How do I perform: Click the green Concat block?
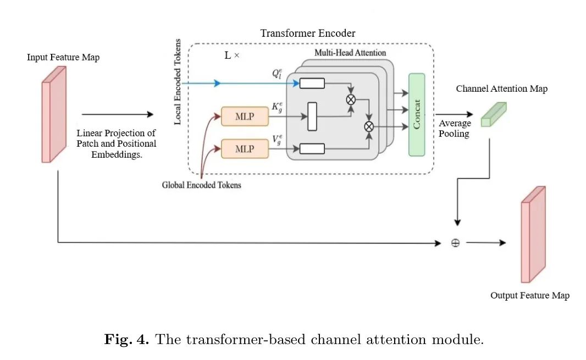pos(416,114)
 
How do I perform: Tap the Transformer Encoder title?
pos(307,34)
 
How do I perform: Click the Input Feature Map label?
pos(63,57)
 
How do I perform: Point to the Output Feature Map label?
pos(529,296)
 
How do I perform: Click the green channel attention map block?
pos(493,114)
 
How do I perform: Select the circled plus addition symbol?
pos(455,242)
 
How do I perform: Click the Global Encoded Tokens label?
pos(201,185)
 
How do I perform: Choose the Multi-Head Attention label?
pos(350,53)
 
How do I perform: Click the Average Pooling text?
pos(455,129)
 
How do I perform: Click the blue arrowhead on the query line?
pos(218,84)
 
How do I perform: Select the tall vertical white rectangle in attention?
pos(312,117)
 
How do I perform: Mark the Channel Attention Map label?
pos(501,89)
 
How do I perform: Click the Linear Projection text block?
pos(117,143)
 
